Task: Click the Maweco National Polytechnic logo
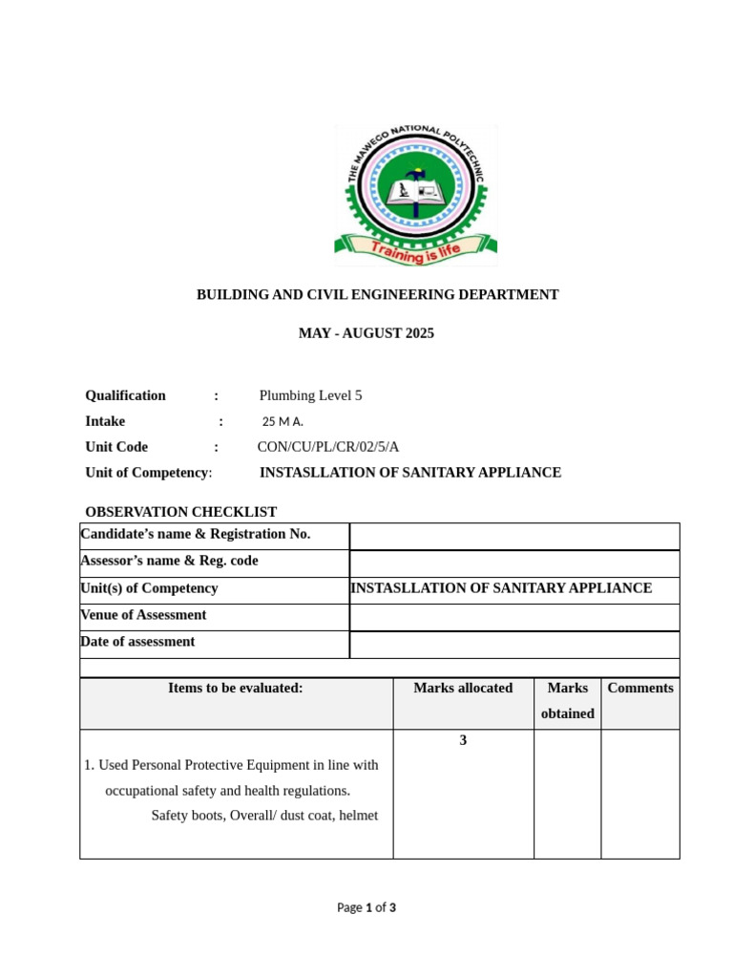pos(415,195)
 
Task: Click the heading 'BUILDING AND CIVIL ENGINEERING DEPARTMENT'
pos(377,295)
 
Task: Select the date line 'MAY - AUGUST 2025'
pos(366,333)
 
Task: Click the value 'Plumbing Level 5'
pos(310,395)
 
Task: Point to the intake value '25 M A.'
pos(283,421)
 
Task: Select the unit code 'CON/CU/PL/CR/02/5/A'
pos(327,447)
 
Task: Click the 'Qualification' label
pos(125,395)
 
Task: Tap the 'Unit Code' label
pos(116,447)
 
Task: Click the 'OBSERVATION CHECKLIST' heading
pos(180,512)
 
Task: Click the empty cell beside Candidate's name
pos(514,536)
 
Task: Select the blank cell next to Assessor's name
pos(514,563)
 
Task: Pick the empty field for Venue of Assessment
pos(514,617)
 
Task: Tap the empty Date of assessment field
pos(514,645)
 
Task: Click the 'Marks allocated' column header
pos(463,688)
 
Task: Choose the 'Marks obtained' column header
pos(567,700)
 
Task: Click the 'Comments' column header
pos(639,688)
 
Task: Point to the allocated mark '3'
pos(463,740)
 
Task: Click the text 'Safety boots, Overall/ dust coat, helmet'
pos(264,816)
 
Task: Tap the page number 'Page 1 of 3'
pos(366,907)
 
